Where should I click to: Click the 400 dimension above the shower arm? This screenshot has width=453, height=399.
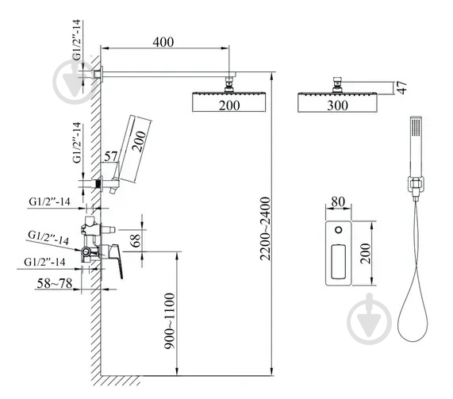(163, 42)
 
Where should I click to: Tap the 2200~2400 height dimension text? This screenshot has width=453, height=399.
(265, 228)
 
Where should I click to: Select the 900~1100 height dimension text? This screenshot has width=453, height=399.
(170, 321)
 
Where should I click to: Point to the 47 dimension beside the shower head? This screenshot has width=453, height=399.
(401, 87)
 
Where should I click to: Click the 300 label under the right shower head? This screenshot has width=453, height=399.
(337, 106)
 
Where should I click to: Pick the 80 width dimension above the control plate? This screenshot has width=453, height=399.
(338, 201)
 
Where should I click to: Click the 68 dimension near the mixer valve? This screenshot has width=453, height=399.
(136, 240)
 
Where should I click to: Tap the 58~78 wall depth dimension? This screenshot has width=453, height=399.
(55, 283)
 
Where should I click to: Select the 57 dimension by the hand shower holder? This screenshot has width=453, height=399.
(111, 156)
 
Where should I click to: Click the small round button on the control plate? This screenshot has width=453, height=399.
(338, 230)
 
